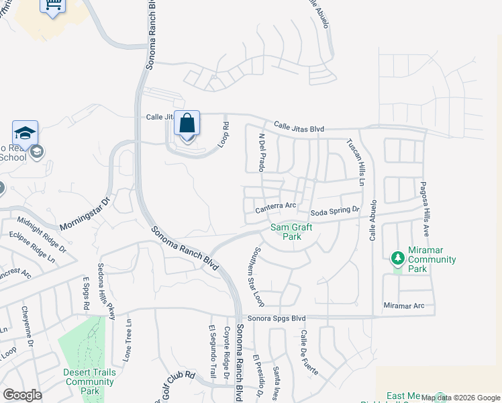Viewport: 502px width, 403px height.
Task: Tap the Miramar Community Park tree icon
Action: (397, 257)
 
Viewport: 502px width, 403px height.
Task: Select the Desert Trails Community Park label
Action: (90, 382)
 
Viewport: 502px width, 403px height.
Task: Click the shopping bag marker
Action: (187, 125)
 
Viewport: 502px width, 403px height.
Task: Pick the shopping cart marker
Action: (53, 6)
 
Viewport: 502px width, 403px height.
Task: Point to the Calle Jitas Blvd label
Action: (299, 128)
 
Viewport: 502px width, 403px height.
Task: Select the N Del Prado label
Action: (263, 152)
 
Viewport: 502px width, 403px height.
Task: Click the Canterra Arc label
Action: (276, 207)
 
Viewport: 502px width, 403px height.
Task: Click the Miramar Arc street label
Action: (410, 306)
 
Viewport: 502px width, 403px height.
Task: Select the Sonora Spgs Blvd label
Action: (277, 318)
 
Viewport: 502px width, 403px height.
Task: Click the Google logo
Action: (22, 394)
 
